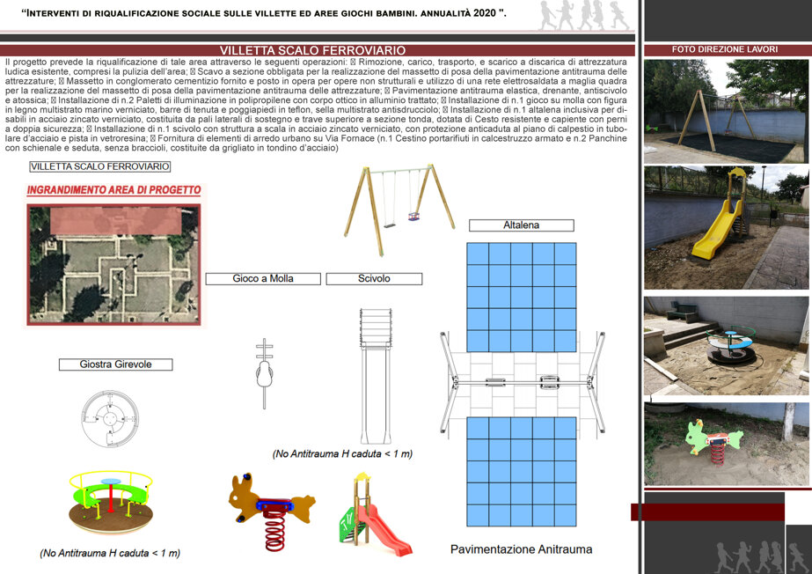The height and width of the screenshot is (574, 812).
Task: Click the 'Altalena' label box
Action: click(522, 225)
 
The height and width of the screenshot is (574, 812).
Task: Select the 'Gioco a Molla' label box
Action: click(263, 279)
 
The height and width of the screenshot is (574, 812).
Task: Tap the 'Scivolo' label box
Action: click(374, 279)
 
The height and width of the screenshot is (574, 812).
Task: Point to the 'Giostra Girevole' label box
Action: click(115, 364)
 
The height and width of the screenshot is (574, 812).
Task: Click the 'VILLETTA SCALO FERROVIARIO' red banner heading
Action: click(313, 50)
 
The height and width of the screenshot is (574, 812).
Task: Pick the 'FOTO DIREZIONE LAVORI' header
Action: click(725, 49)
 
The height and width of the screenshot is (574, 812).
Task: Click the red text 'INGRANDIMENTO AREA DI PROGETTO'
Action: click(114, 190)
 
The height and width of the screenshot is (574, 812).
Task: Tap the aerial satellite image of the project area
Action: click(114, 265)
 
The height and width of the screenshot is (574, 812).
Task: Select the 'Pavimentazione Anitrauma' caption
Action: click(521, 549)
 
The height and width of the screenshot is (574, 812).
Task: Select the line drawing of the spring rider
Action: click(264, 373)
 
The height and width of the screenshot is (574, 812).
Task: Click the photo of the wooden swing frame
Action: click(726, 112)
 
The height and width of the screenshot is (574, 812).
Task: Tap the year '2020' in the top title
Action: click(484, 13)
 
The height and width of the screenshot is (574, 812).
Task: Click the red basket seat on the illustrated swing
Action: click(413, 216)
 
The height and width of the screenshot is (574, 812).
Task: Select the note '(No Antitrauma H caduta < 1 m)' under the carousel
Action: click(110, 553)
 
